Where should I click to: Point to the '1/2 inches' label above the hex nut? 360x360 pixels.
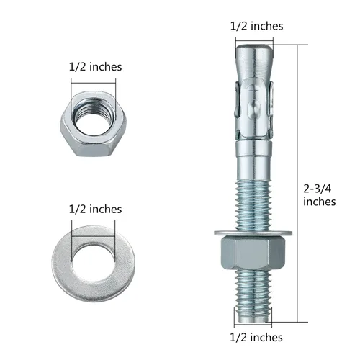click(x=94, y=66)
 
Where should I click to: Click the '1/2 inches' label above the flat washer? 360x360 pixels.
click(x=94, y=209)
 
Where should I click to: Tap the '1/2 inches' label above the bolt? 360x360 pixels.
click(x=256, y=26)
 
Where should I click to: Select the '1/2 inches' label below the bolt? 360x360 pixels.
click(x=256, y=337)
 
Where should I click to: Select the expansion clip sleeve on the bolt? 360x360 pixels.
click(x=255, y=108)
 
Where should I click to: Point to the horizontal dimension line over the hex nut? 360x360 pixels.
click(x=94, y=81)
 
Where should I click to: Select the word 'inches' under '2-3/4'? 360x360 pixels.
click(x=319, y=202)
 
